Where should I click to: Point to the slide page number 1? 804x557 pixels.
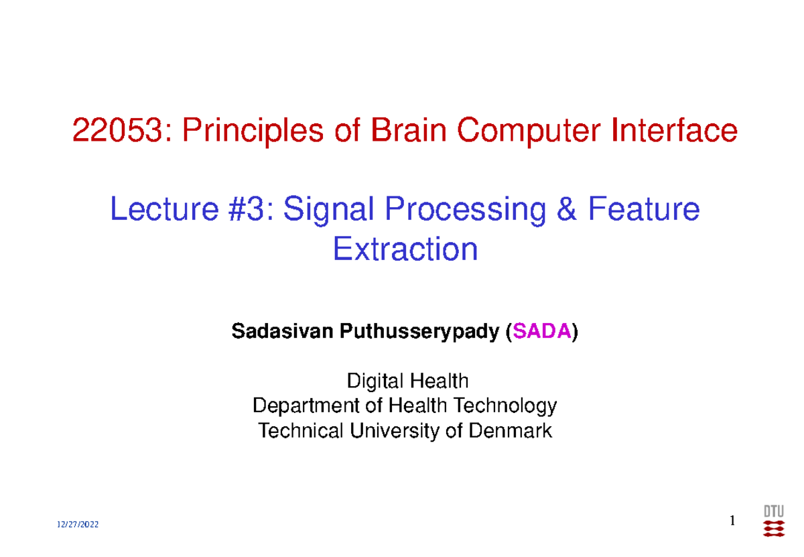point(732,521)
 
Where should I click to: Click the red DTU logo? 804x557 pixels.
point(774,520)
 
